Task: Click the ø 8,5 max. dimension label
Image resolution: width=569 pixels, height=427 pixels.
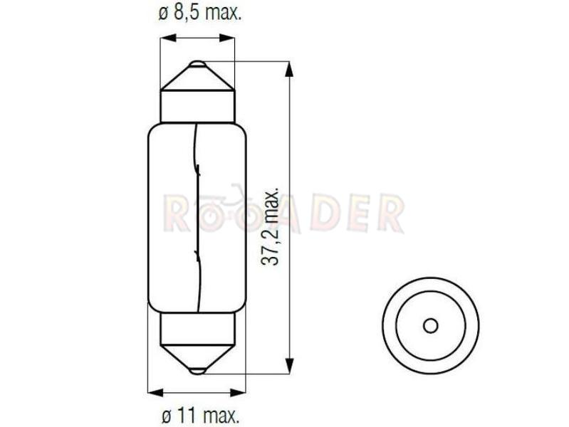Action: (200, 14)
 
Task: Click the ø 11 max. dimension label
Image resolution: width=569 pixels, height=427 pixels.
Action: (201, 416)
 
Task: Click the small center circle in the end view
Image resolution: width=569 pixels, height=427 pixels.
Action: (431, 325)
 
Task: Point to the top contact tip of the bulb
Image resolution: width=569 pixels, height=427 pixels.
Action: (198, 64)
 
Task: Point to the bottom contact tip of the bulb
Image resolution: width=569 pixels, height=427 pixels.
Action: (198, 371)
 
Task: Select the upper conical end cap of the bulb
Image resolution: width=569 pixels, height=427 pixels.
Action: (198, 76)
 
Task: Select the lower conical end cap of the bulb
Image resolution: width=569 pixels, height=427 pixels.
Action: (198, 359)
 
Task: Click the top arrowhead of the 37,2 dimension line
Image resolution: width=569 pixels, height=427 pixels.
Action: (289, 69)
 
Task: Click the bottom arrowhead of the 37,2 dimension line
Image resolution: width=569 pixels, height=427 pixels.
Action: (289, 366)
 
